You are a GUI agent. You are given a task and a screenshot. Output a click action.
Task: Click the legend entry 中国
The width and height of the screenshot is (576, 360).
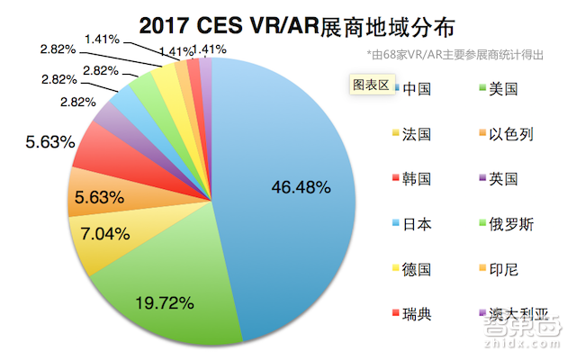(417, 89)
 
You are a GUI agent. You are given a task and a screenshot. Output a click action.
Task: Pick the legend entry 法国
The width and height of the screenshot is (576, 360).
(417, 134)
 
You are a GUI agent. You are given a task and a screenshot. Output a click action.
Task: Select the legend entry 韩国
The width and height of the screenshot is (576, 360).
(417, 179)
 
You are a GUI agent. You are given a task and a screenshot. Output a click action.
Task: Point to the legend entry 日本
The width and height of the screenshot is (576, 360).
(417, 224)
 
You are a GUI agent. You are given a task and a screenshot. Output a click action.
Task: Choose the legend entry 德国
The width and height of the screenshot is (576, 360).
(417, 269)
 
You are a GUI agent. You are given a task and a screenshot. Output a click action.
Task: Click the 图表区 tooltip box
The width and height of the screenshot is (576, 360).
(369, 85)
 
